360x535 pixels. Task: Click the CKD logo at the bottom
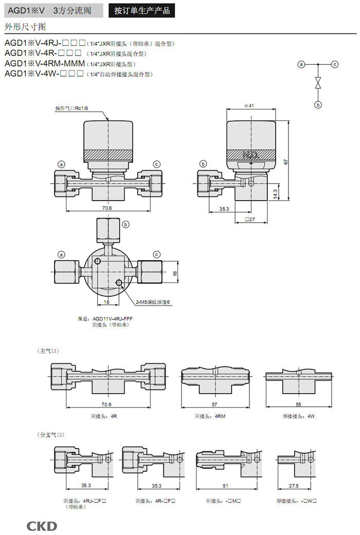click(42, 526)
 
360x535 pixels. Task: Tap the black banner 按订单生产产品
click(141, 11)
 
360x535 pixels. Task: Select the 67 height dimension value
click(286, 162)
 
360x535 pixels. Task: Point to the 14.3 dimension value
click(275, 194)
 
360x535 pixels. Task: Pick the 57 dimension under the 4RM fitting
click(214, 405)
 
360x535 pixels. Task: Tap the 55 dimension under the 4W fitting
click(298, 405)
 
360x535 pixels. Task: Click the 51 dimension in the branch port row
click(225, 486)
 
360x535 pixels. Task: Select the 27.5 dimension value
click(294, 486)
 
